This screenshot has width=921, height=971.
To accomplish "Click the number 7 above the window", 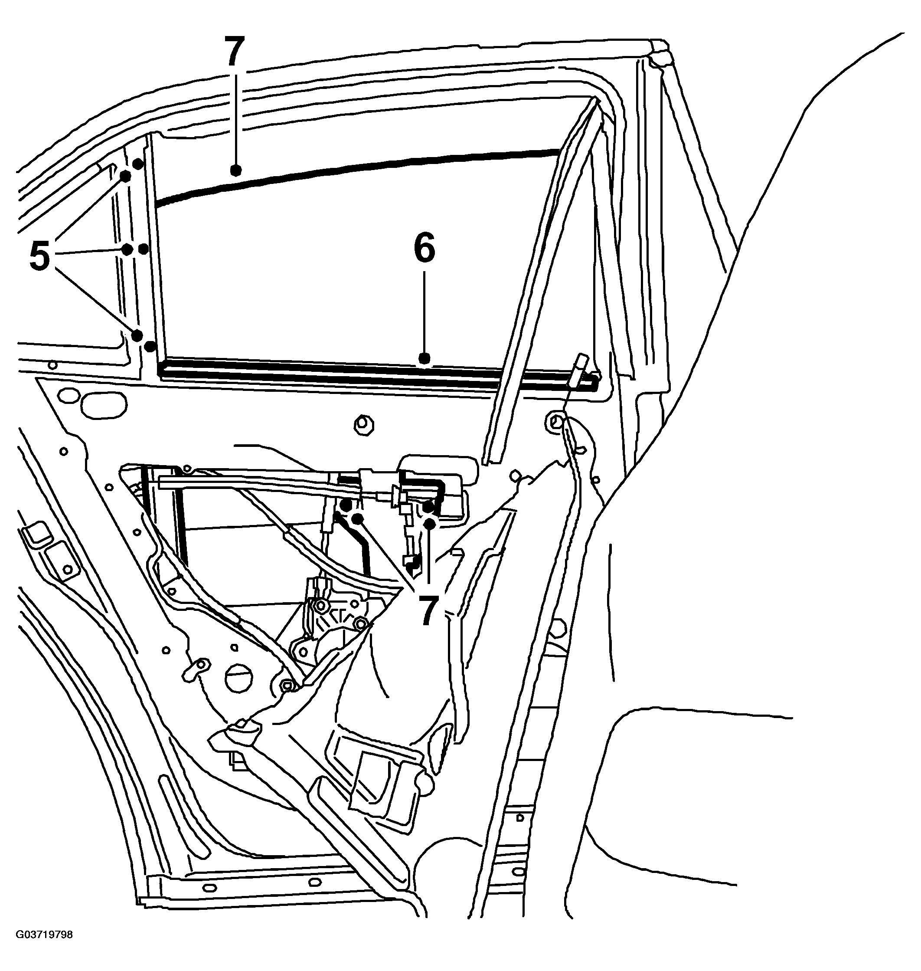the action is click(235, 52).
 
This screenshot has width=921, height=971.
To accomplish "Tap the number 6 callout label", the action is click(425, 248).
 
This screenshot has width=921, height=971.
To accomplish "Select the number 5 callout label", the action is click(40, 256).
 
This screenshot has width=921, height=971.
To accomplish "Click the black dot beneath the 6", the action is click(425, 358).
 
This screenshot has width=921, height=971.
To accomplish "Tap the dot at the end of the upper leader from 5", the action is click(125, 176).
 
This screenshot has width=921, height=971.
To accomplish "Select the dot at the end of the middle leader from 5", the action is click(127, 249).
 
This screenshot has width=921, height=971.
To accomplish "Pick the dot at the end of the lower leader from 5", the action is click(137, 336).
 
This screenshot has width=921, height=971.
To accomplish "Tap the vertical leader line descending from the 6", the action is click(425, 312).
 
